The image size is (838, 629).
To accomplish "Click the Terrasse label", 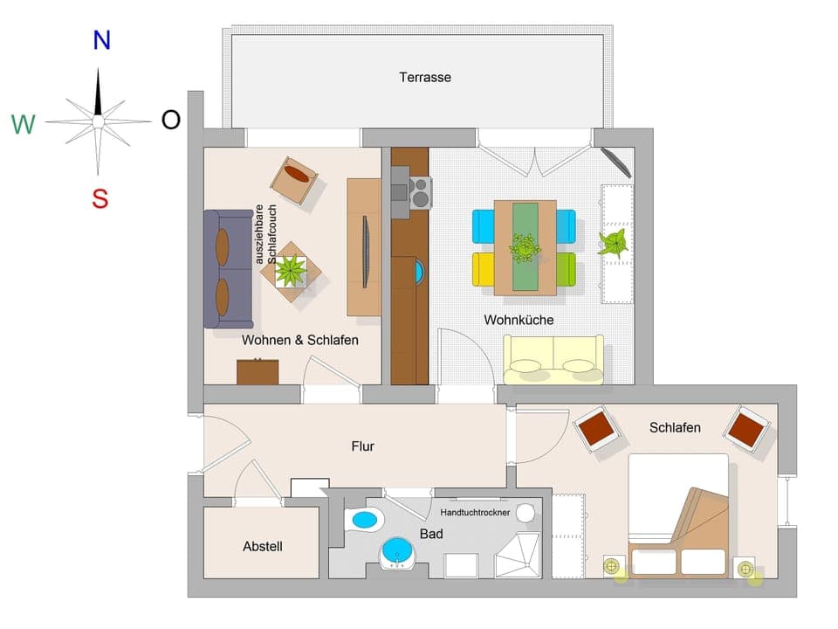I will pyautogui.click(x=425, y=77).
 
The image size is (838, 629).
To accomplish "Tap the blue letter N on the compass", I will pyautogui.click(x=101, y=39).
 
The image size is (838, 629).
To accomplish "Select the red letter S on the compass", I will pyautogui.click(x=100, y=199).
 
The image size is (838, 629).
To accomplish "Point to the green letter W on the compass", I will pyautogui.click(x=24, y=125).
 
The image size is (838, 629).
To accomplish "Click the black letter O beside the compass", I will pyautogui.click(x=171, y=121).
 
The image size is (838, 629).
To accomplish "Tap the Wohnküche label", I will pyautogui.click(x=519, y=320).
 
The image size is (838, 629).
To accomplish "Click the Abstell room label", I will pyautogui.click(x=263, y=547).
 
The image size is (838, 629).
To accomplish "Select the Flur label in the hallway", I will pyautogui.click(x=362, y=446).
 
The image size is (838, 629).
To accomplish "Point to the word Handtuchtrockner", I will pyautogui.click(x=475, y=513).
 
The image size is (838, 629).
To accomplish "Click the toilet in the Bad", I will pyautogui.click(x=365, y=519).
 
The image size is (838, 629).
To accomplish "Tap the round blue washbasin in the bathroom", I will pyautogui.click(x=398, y=553).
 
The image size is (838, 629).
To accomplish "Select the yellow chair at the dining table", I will pyautogui.click(x=484, y=268).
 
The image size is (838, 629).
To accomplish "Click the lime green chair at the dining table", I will pyautogui.click(x=566, y=268).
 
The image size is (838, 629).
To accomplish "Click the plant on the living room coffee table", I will pyautogui.click(x=290, y=270).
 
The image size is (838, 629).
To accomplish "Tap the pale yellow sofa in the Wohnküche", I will pyautogui.click(x=553, y=360).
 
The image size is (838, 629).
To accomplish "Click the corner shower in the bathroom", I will pyautogui.click(x=518, y=555).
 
